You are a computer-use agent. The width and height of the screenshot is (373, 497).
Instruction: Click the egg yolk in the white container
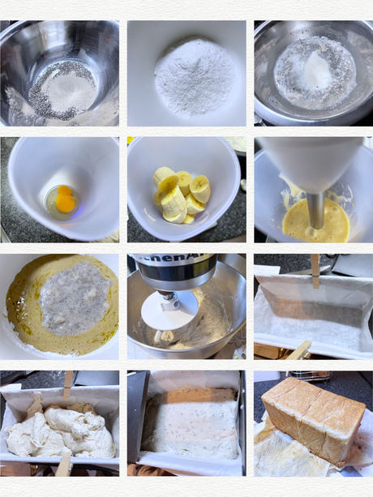coord(64,199)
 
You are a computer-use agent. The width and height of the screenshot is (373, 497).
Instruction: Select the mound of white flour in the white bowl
coord(194,78)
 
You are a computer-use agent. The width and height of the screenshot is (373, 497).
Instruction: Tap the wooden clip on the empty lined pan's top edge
coord(315,269)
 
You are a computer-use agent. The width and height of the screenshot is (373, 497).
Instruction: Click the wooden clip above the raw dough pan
coord(68,382)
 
